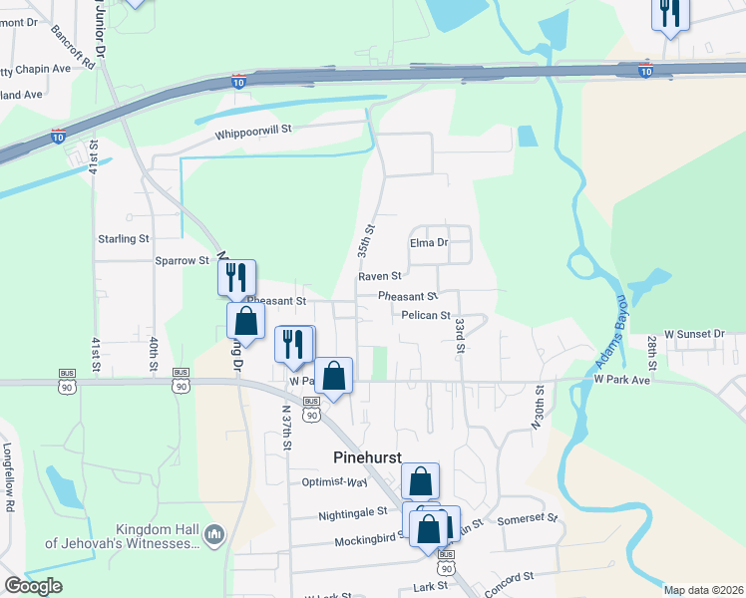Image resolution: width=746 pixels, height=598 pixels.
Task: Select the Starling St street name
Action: [123, 239]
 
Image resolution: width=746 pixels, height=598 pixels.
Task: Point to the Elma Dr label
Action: [429, 242]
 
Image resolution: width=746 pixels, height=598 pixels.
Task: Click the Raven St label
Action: [380, 276]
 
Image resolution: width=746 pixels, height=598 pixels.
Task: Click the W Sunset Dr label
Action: [694, 333]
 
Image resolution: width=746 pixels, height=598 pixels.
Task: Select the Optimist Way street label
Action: [335, 482]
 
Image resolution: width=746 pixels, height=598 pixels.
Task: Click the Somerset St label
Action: [527, 518]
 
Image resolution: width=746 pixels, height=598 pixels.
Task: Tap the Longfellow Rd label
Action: [8, 477]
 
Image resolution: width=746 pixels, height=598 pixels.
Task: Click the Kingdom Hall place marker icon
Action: [213, 537]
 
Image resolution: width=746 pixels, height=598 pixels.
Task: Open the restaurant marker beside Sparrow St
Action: [237, 276]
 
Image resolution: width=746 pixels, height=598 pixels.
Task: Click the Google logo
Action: [33, 586]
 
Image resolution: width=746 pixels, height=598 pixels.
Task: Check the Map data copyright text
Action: [703, 590]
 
